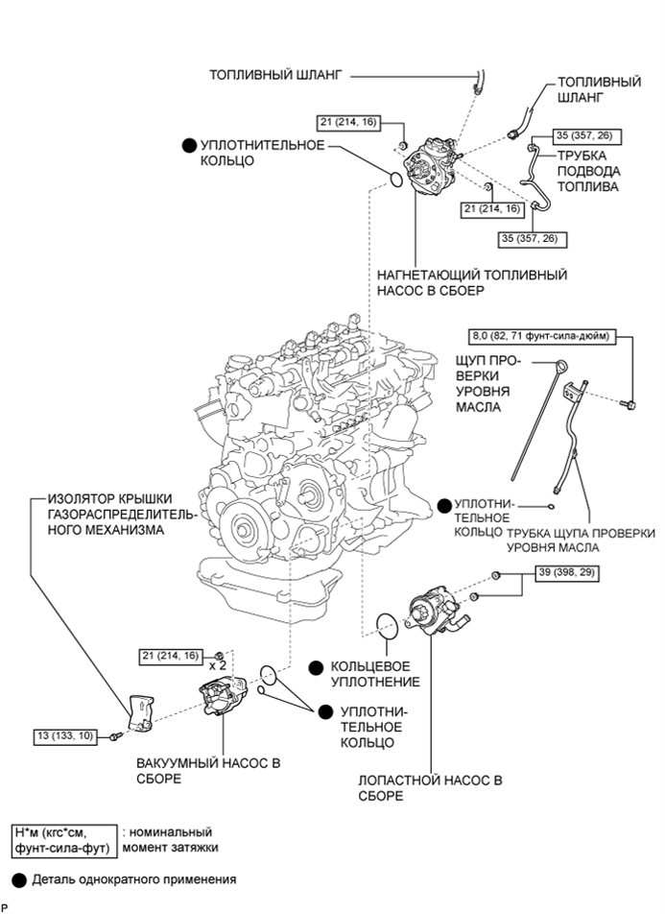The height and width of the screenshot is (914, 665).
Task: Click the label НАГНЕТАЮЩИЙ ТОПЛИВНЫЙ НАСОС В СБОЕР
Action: click(471, 283)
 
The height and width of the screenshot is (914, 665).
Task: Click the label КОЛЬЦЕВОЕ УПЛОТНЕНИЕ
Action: click(377, 674)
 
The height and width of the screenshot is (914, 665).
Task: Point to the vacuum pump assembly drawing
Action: click(223, 703)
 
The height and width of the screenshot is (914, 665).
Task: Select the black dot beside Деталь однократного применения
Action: click(18, 878)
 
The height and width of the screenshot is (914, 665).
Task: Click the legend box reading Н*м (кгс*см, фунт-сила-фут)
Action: click(61, 840)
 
